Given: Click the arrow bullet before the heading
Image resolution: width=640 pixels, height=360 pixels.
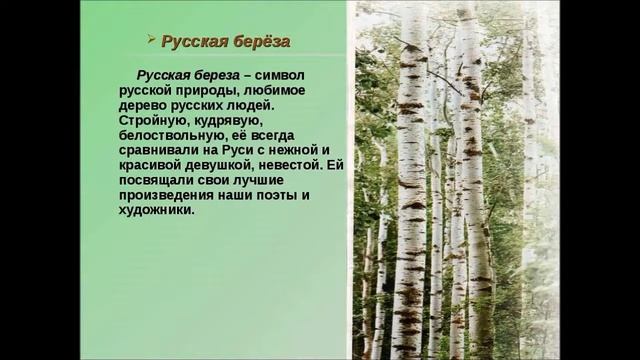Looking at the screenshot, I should pos(151,41).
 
